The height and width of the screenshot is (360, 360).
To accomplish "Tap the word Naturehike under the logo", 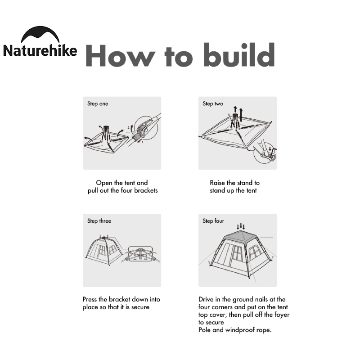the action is click(x=40, y=50).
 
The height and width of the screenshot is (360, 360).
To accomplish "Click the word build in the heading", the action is click(x=239, y=54).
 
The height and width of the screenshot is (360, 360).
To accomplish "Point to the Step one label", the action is click(x=98, y=104).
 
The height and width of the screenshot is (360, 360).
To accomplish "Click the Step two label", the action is click(x=213, y=104).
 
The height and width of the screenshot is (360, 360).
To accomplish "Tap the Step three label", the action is click(x=99, y=221).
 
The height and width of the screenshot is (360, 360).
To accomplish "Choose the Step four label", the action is click(x=213, y=221).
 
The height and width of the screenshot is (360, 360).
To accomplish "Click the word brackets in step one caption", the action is click(x=146, y=190).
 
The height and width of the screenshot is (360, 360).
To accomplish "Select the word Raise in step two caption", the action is click(x=217, y=183).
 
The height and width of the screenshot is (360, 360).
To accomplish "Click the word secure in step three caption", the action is click(x=140, y=307).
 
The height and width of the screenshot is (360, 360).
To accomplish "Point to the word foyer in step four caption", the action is click(x=282, y=315).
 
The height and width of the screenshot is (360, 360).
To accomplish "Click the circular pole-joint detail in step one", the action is click(x=146, y=128).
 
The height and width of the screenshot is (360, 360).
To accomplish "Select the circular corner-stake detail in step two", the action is click(x=265, y=152).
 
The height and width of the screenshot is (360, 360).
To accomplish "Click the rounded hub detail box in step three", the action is click(x=140, y=254).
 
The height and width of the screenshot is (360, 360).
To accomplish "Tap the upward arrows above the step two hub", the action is click(x=238, y=113).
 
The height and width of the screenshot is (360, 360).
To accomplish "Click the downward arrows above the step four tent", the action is click(x=241, y=226).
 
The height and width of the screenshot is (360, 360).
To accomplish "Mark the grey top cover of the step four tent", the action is click(x=240, y=237).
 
